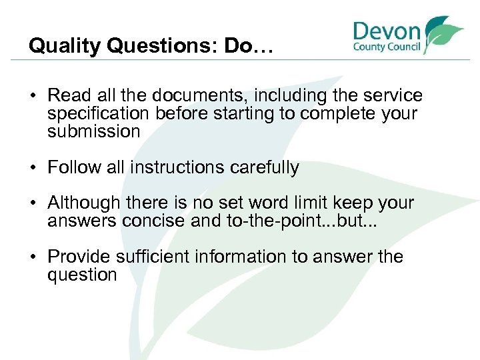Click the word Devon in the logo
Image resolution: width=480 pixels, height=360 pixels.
387,31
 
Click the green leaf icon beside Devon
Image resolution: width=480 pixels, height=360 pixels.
441,33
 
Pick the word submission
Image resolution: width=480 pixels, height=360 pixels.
93,131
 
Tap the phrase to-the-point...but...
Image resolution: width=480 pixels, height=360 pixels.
287,221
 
